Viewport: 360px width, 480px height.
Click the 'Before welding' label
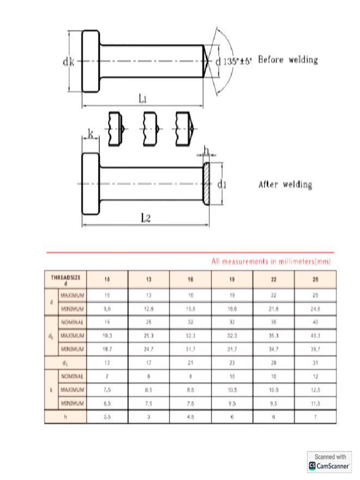point(288,60)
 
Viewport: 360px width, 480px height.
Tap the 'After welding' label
point(285,185)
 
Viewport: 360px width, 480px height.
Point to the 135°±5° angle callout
point(237,60)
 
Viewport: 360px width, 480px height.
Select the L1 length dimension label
point(143,98)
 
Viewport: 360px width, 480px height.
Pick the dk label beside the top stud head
point(68,62)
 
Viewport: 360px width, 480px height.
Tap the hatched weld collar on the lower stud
point(207,183)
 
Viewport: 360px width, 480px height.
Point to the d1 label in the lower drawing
point(222,185)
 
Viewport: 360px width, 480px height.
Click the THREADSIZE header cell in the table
point(66,280)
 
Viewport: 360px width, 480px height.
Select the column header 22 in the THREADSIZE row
point(274,280)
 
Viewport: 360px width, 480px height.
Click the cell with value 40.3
point(315,336)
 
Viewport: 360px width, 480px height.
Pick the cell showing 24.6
point(315,309)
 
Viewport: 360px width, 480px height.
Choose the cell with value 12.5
point(315,390)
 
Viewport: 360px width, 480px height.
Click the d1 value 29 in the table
point(274,363)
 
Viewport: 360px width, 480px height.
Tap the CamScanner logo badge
point(330,462)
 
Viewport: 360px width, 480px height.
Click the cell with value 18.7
point(107,349)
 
